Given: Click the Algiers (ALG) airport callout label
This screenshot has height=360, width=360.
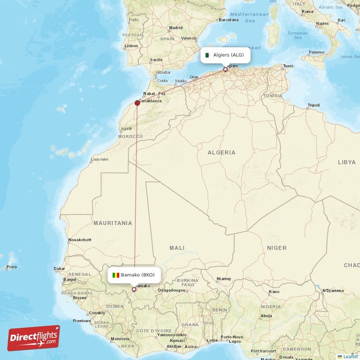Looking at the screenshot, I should coord(225,55).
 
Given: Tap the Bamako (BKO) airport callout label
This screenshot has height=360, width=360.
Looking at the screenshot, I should coord(133,275).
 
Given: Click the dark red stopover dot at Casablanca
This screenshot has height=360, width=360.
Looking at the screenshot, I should coord(137,103).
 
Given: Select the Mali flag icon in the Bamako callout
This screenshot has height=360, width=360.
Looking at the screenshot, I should coord(116,275).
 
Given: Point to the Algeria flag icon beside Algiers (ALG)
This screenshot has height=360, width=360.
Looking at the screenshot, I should coord(207,55).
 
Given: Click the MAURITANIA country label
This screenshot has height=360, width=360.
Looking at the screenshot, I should coord(113,223).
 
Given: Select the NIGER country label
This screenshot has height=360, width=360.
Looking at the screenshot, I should coord(276,248).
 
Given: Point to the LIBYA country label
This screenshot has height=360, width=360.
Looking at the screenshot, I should coord(346,162).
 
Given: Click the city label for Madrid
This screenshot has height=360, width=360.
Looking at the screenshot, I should coord(175,28).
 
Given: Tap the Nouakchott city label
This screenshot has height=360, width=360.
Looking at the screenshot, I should coord(79,240).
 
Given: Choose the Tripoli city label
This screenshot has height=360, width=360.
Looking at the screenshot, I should coord(313,105).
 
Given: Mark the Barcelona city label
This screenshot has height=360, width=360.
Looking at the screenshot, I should coord(228,20).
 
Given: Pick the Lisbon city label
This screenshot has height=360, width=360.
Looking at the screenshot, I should coord(131,46).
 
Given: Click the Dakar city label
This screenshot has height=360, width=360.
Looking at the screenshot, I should coord(59,269).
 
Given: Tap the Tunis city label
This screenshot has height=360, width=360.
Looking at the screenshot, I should coord(288,66).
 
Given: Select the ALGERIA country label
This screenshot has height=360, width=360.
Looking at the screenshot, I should coord(221,153).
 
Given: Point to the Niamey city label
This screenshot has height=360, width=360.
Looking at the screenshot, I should coord(224,279).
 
